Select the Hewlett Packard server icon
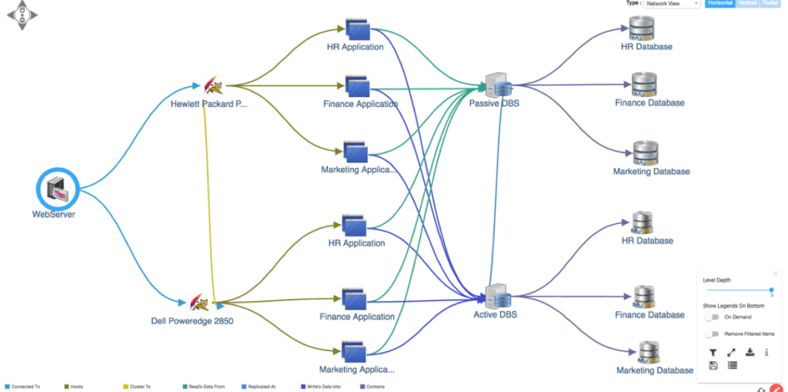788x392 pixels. pos(212,85)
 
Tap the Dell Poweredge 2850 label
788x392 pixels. pos(192,321)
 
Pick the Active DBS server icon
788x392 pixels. pos(497,296)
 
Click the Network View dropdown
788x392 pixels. pos(672,4)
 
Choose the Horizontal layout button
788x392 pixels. pos(720,4)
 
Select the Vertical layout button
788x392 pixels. pos(747,4)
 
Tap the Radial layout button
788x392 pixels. pos(770,4)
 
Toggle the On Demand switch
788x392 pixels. pos(712,317)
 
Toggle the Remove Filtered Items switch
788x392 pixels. pos(712,333)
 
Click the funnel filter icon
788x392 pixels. pos(713,352)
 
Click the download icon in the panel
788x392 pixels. pos(750,352)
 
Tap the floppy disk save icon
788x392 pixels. pos(713,365)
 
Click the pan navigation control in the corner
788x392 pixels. pos(22,15)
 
